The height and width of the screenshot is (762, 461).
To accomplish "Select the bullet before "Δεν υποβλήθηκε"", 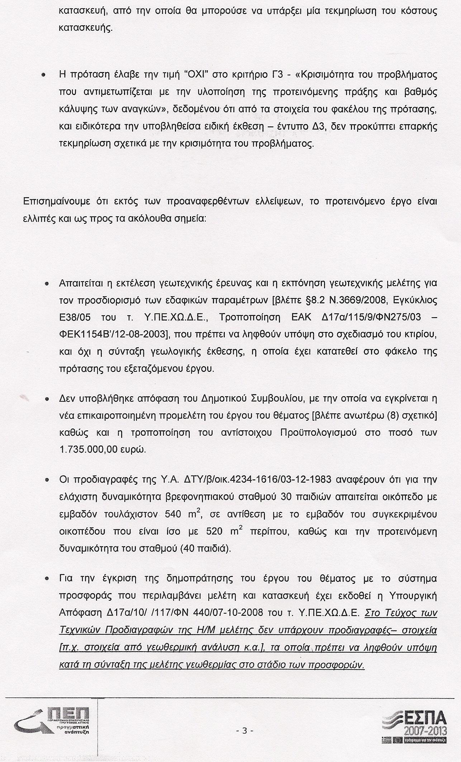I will click(47, 399).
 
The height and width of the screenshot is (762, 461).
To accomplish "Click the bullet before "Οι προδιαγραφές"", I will click(47, 480).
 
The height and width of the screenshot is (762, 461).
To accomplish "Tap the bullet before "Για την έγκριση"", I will click(47, 579).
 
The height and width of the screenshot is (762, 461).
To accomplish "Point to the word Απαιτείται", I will click(80, 283).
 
